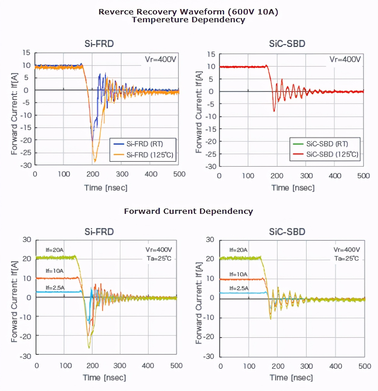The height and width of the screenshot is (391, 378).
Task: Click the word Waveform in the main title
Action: [x=202, y=12]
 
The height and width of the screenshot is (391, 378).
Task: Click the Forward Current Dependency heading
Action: [x=188, y=211]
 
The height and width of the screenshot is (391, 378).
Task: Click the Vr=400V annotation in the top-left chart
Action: [x=160, y=59]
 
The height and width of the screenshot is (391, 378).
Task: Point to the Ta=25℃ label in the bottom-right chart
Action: [x=346, y=258]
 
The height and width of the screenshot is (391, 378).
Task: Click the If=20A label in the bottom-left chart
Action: [x=55, y=250]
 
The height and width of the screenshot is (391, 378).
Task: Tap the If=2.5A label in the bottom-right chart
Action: [x=239, y=288]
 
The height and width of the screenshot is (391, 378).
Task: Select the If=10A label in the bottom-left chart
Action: [x=55, y=271]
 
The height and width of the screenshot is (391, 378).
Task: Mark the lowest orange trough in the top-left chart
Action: [x=95, y=161]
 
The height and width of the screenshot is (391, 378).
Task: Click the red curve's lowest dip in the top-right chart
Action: [x=274, y=111]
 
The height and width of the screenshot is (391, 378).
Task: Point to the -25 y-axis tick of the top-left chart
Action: [x=26, y=153]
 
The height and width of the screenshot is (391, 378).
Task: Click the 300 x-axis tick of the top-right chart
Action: [x=306, y=176]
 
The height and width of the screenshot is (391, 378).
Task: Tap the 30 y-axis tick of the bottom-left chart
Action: [x=27, y=240]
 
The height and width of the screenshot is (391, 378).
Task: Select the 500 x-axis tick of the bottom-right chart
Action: [x=364, y=366]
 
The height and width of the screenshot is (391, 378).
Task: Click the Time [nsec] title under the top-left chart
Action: [x=106, y=188]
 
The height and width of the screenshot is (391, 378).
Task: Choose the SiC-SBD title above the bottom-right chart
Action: [x=287, y=232]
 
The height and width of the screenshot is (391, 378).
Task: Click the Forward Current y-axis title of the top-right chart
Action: [x=198, y=112]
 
